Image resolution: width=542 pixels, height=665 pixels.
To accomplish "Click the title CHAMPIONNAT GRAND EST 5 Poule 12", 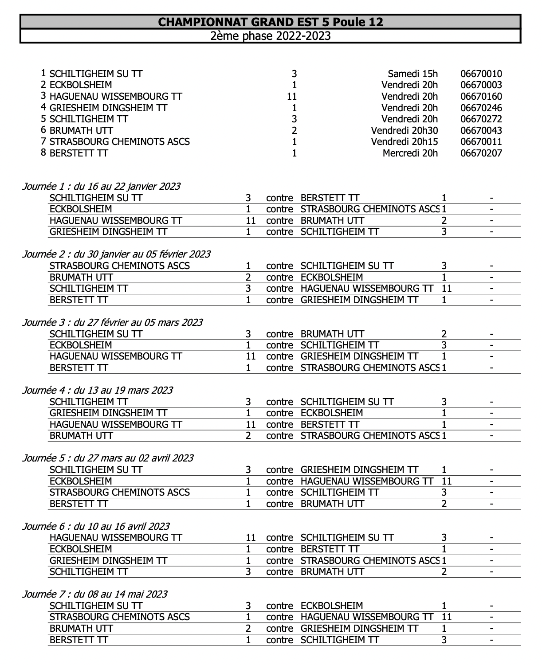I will tap(270, 22).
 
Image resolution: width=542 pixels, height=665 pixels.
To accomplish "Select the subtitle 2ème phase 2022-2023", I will tap(270, 36).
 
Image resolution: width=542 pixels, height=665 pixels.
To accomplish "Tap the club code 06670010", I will tap(481, 74).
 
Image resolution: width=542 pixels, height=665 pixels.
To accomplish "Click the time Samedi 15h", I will tap(412, 74).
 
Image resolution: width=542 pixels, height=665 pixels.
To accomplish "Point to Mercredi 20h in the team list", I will tap(410, 153).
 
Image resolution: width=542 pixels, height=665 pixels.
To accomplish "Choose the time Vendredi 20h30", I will tap(404, 131).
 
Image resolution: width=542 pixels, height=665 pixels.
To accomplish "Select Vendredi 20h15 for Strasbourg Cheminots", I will tap(404, 142).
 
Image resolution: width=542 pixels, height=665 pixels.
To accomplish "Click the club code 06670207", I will tap(481, 153).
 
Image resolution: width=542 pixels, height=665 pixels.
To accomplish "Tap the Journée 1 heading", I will tap(101, 187).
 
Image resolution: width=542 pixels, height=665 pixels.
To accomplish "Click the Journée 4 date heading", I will tap(98, 391).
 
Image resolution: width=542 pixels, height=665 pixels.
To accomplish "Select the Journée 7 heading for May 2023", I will tap(95, 595).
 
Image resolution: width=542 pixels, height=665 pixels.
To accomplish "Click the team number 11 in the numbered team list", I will tap(292, 97).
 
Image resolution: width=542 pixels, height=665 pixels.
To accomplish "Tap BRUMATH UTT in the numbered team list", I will tap(81, 131).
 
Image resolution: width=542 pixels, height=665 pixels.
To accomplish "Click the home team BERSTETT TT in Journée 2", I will tap(79, 300).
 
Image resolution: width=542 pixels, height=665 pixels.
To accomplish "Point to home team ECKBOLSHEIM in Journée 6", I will tap(81, 549).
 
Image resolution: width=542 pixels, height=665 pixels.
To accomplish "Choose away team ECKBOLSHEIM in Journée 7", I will tap(332, 606).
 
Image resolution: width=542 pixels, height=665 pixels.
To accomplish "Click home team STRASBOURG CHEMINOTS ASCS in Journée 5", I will tap(120, 493).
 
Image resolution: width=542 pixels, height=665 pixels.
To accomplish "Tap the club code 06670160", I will tap(481, 97).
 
